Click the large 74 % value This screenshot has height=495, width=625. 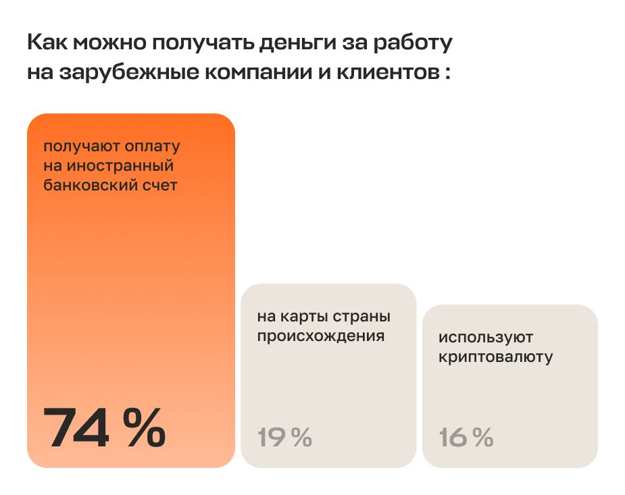(x=104, y=428)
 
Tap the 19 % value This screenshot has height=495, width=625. (x=284, y=438)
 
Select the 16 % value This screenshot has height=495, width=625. (x=466, y=438)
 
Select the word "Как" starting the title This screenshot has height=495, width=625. (x=48, y=44)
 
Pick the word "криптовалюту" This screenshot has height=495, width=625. (x=495, y=357)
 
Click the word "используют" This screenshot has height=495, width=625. (x=486, y=337)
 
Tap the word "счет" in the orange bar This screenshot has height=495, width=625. (x=160, y=185)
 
